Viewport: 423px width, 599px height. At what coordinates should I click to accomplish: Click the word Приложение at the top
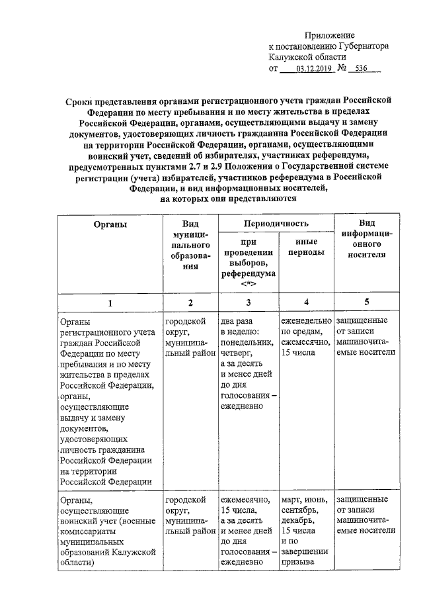click(x=329, y=34)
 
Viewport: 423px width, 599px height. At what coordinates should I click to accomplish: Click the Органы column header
click(x=110, y=224)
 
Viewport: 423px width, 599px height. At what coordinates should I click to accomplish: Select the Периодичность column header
click(x=276, y=224)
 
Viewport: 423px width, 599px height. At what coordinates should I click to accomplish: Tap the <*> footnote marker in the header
click(x=248, y=284)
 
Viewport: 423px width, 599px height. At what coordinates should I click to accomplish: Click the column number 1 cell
click(x=110, y=302)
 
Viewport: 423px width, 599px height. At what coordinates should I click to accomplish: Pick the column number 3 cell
click(x=249, y=302)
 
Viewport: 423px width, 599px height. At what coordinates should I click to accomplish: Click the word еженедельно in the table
click(x=306, y=321)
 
